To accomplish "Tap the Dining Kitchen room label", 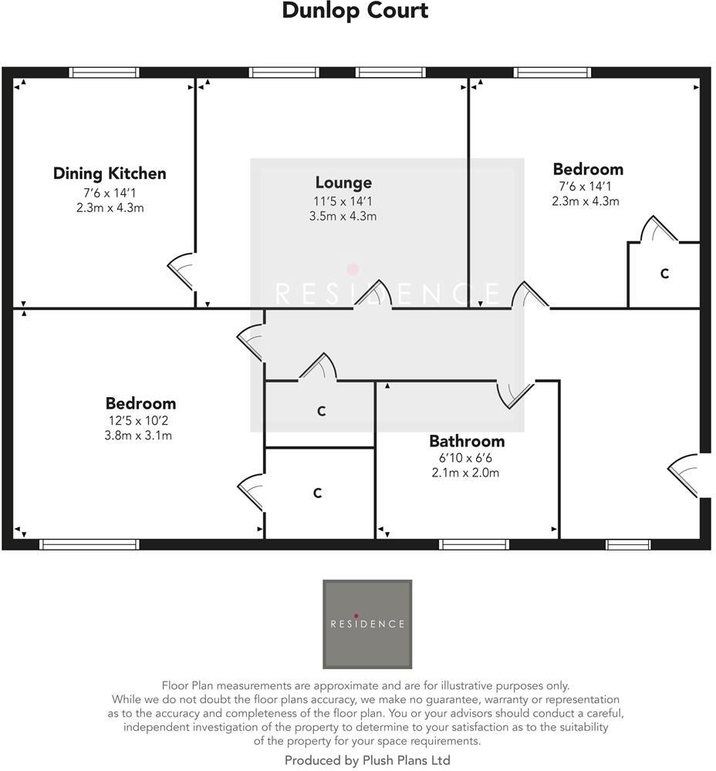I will pos(110,173).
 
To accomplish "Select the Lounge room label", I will pos(343,183).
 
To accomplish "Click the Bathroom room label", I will pos(467,441).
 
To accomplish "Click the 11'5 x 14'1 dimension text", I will pos(343,200).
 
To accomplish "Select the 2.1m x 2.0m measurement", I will pos(465,473).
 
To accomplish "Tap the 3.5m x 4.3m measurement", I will pos(343,216).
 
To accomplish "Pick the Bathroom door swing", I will pos(514,394).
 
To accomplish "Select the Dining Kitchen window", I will pos(104,72).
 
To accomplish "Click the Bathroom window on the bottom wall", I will pos(474,544).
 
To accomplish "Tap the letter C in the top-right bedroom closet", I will pos(664,274).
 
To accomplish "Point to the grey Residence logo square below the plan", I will pos(367,624).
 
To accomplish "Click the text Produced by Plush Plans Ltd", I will pos(367,760).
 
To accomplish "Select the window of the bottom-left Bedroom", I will pos(89,544).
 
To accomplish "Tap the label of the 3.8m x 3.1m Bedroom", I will pos(140,403).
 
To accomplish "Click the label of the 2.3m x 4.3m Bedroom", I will pos(588,169).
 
